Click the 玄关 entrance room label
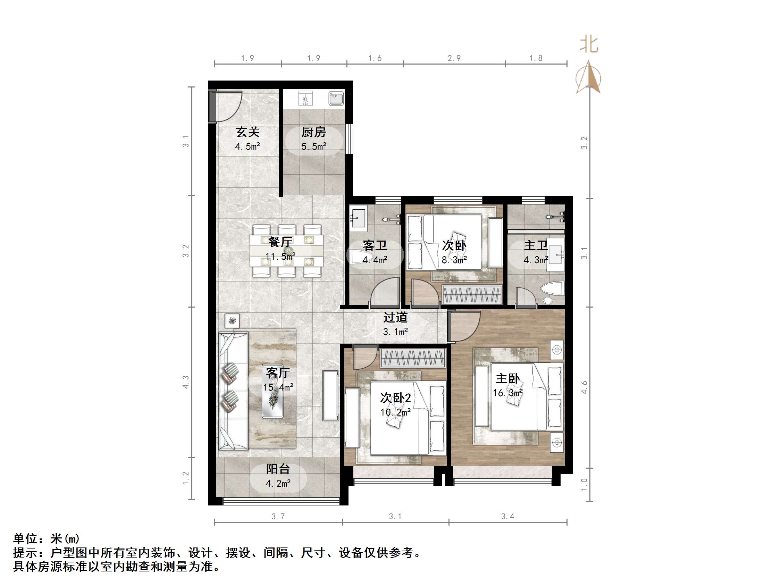point(247,132)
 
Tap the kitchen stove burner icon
point(305,98)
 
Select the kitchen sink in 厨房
point(336,98)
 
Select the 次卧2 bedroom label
point(395,398)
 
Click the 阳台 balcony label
point(278,469)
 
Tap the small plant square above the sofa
point(232,321)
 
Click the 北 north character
point(589,45)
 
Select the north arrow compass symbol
point(588,78)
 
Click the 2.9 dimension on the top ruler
point(454,58)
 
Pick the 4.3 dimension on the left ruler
point(186,382)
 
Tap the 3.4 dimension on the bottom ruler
point(508,517)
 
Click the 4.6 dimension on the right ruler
point(584,387)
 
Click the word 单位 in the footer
point(25,539)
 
